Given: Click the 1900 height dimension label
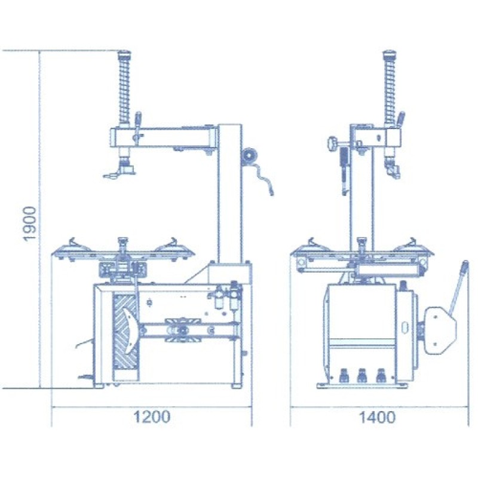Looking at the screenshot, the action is click(30, 223).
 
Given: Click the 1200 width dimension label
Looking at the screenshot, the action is click(152, 416).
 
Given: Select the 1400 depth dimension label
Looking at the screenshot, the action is click(378, 416).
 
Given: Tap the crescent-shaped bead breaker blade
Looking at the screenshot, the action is click(130, 329).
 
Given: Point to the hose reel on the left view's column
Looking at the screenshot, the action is click(250, 156).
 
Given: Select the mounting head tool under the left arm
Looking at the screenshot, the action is click(121, 171).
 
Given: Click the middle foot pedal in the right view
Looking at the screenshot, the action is click(362, 375).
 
